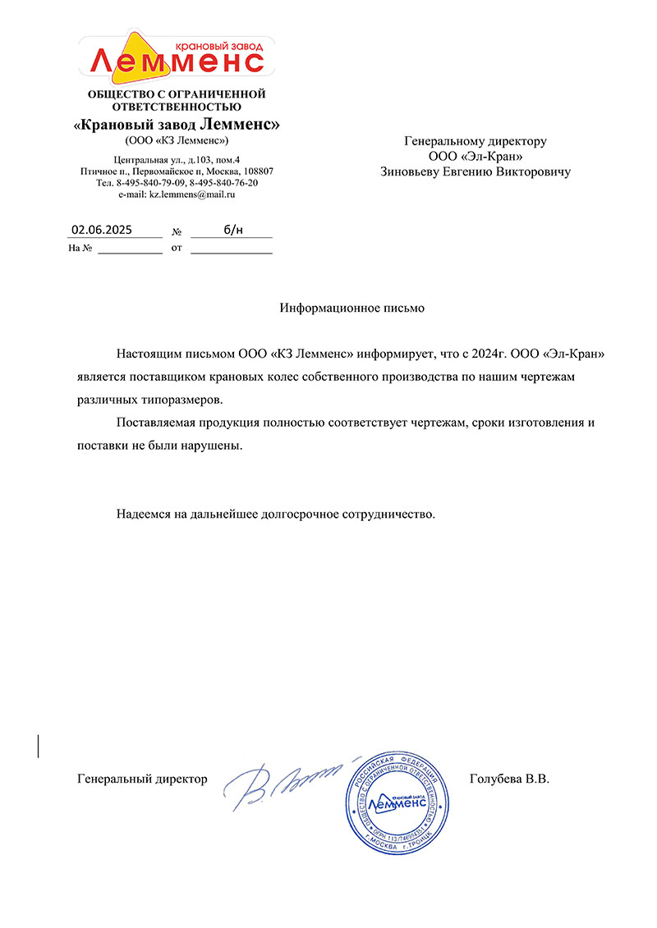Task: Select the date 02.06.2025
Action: point(101,230)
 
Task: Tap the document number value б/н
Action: point(233,230)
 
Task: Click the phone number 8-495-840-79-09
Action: point(150,182)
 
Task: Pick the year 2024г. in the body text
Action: point(489,354)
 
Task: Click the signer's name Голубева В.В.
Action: point(508,779)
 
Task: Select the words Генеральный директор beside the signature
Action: point(142,779)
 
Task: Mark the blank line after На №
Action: point(130,249)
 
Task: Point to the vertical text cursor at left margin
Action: point(39,746)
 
